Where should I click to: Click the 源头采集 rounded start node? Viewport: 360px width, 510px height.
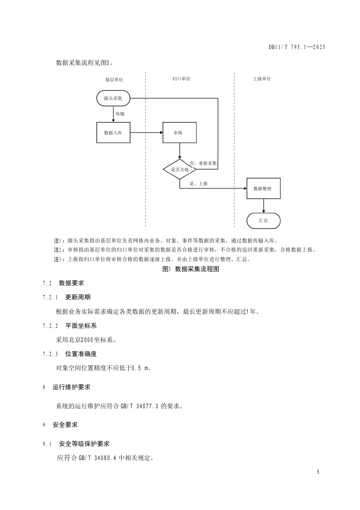[x=113, y=98]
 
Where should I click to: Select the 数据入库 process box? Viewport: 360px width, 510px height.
[x=113, y=133]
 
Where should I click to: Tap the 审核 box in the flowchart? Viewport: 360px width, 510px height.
[x=180, y=133]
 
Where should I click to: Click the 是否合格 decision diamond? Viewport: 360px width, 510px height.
[x=180, y=169]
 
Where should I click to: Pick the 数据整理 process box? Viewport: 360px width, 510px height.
[x=263, y=188]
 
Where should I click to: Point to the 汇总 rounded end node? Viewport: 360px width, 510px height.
[x=263, y=221]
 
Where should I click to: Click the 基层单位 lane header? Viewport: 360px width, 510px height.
[x=114, y=79]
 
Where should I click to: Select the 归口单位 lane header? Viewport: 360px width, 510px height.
[x=181, y=79]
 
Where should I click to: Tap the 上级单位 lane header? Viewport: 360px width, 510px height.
[x=261, y=79]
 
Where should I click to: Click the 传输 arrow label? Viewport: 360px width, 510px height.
[x=120, y=114]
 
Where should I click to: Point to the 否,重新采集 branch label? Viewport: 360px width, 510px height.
[x=203, y=163]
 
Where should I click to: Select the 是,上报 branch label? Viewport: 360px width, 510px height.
[x=198, y=183]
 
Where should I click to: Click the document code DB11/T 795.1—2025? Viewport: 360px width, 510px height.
[x=297, y=47]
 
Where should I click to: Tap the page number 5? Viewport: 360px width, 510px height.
[x=318, y=472]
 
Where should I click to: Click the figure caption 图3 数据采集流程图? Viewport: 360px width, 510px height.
[x=191, y=269]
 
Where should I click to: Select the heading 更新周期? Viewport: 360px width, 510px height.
[x=78, y=297]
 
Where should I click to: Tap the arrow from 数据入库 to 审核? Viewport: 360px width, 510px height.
[x=146, y=133]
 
